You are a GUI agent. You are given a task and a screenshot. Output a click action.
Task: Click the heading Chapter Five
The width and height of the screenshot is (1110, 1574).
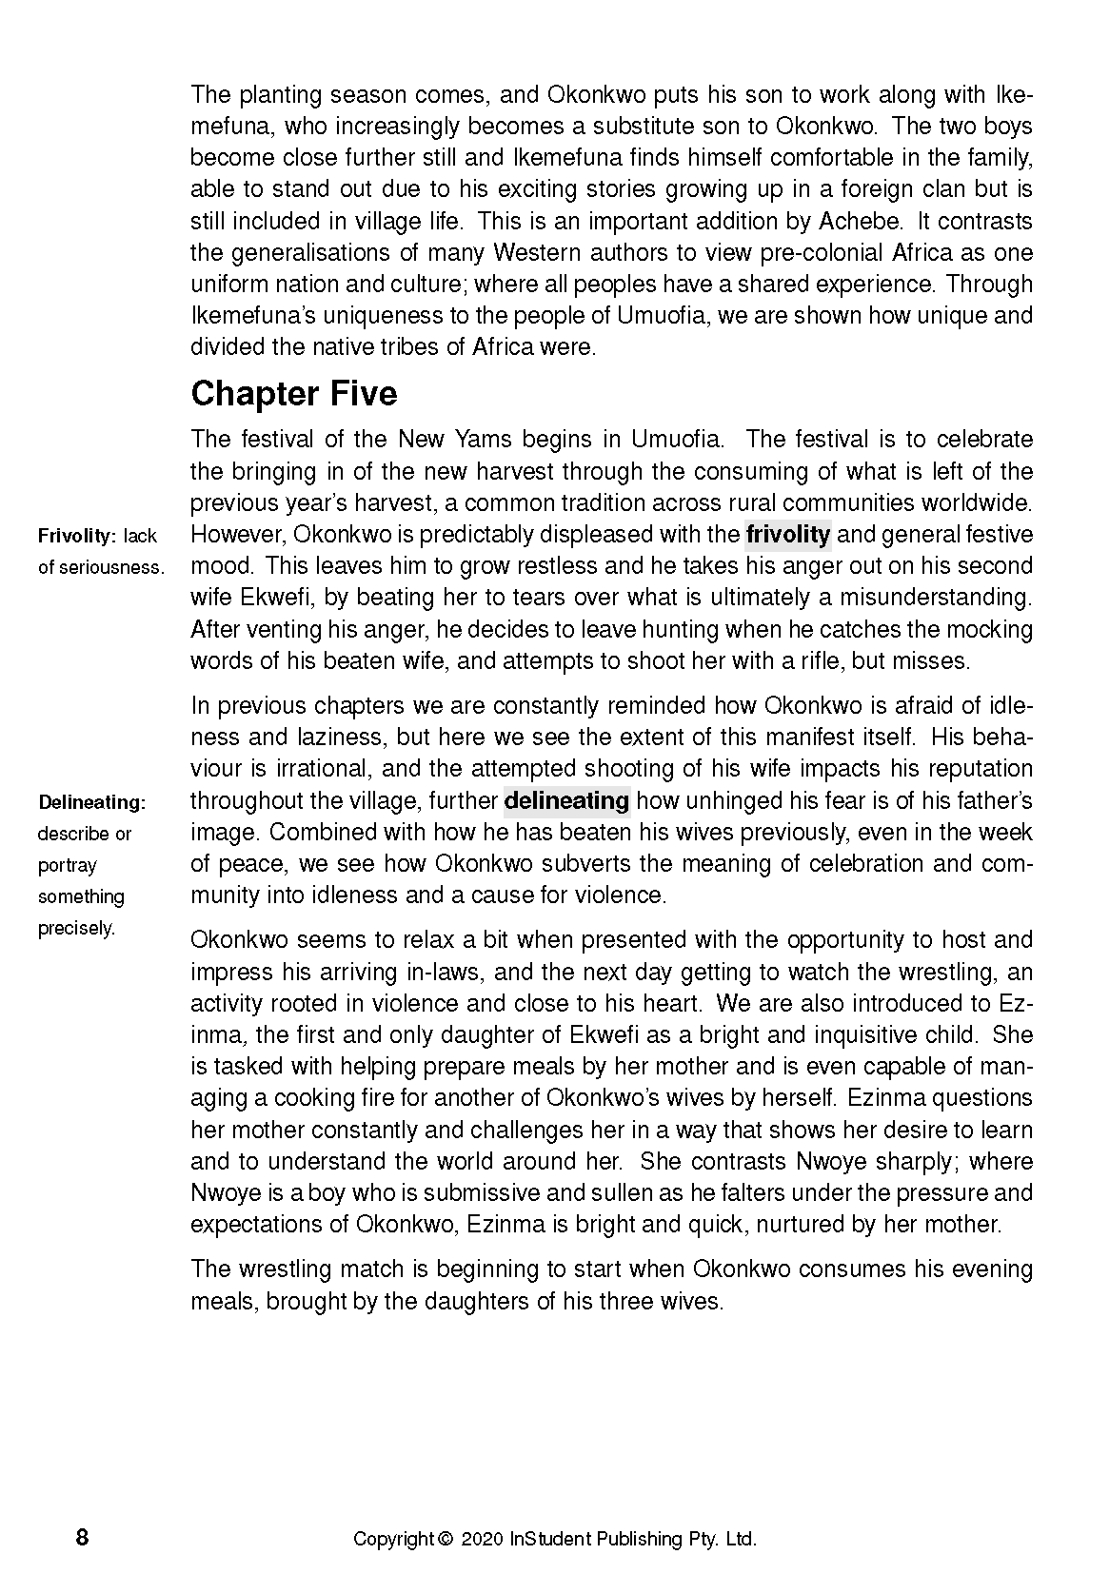tap(293, 394)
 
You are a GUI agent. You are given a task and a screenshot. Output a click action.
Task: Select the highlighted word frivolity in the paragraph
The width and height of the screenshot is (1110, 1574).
tap(787, 534)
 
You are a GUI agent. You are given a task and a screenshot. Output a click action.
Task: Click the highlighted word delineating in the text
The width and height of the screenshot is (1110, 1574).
tap(566, 800)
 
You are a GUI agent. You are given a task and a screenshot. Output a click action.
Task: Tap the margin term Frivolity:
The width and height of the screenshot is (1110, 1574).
tap(76, 536)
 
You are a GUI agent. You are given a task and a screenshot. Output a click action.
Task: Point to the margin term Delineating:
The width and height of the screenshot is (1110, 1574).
tap(92, 802)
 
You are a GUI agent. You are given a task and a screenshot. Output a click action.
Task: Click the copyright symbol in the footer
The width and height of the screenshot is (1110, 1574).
tap(444, 1539)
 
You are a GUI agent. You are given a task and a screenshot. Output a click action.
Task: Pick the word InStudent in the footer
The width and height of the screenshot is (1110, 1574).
tap(550, 1539)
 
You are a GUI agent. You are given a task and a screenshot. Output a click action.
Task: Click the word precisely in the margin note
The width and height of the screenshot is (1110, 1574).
tap(76, 929)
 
